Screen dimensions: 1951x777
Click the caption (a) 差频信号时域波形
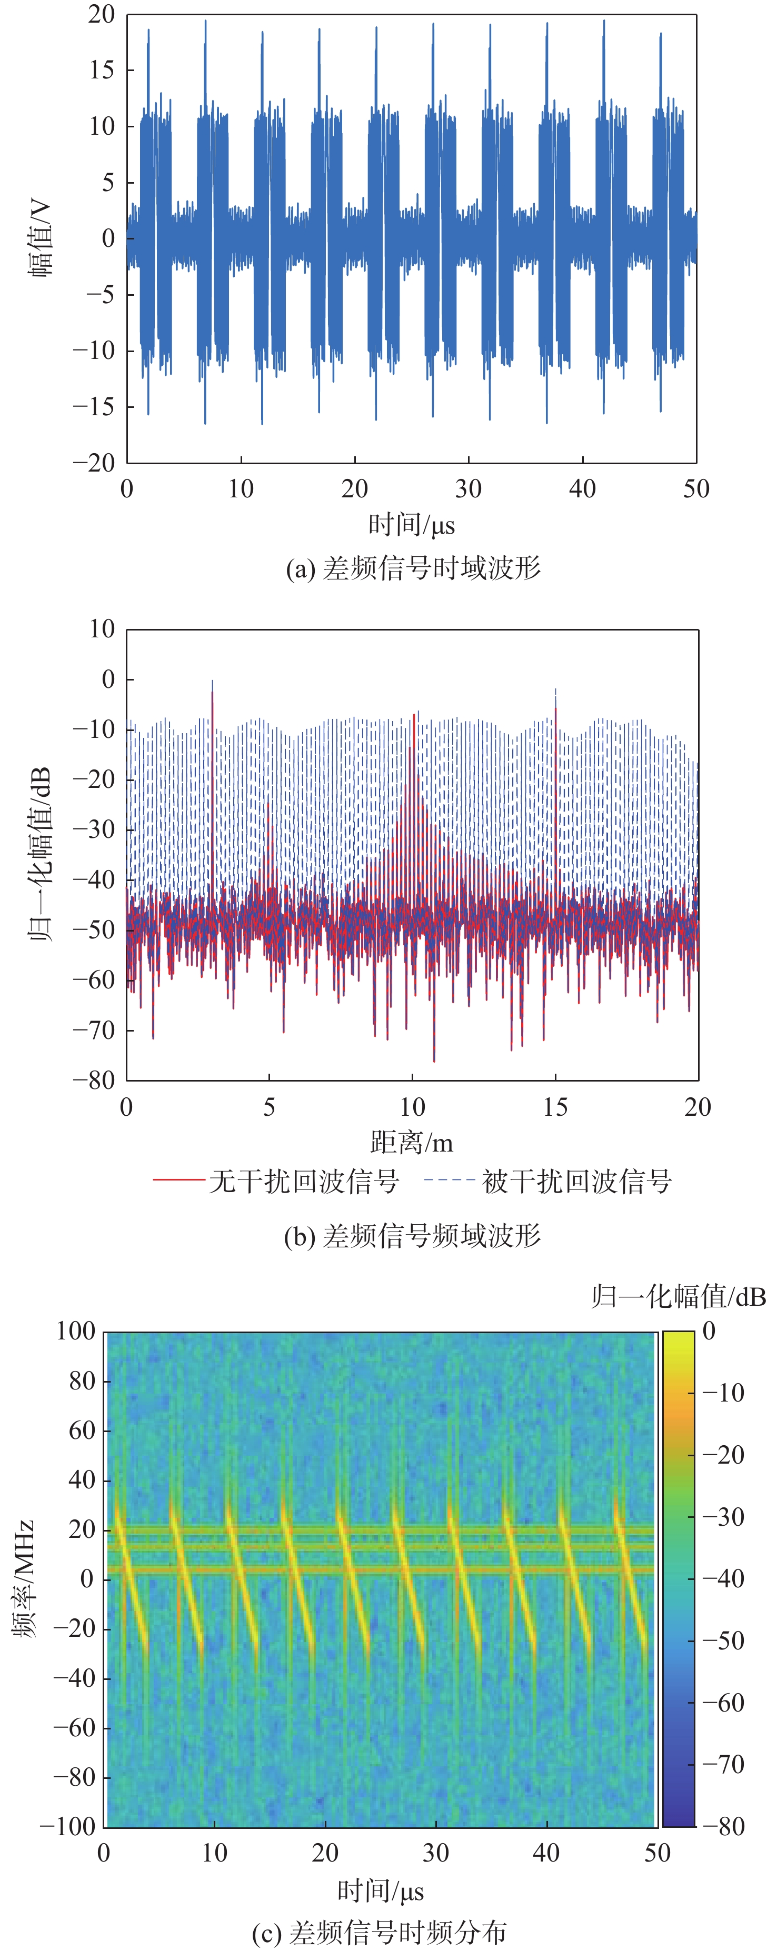click(x=413, y=568)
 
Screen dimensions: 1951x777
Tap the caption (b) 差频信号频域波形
click(x=412, y=1235)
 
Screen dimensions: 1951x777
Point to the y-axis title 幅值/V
click(x=41, y=238)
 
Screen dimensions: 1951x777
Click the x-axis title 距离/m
click(x=412, y=1142)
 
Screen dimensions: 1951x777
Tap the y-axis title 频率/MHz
click(x=24, y=1578)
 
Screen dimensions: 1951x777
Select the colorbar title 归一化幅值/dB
click(x=679, y=1297)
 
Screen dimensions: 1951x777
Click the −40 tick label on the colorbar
click(x=723, y=1578)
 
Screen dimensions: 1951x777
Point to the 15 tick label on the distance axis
click(x=555, y=1107)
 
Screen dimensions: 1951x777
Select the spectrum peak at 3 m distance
click(x=212, y=682)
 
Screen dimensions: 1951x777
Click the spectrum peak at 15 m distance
click(x=556, y=691)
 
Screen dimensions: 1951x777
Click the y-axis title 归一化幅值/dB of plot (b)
click(x=39, y=854)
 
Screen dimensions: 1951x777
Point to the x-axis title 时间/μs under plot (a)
click(x=411, y=525)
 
